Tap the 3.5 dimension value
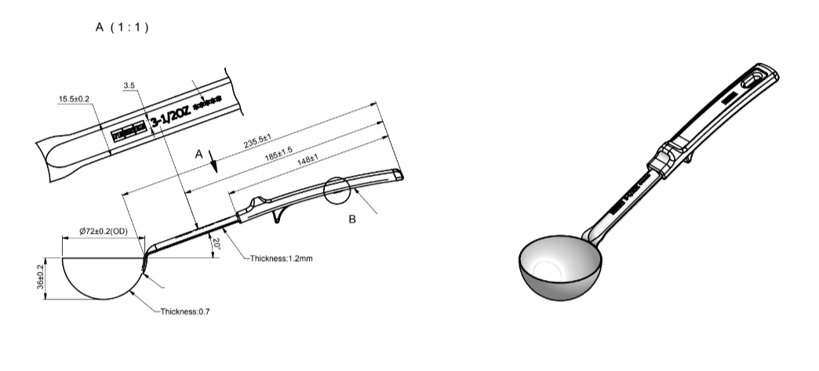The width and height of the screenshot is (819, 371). (129, 85)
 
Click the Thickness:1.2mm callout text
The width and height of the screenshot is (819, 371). (281, 258)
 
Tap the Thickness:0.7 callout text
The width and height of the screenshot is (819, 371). (185, 312)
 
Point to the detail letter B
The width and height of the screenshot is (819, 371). (352, 220)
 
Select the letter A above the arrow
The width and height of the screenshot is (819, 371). (200, 155)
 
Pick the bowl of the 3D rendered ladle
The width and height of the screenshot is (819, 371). (559, 270)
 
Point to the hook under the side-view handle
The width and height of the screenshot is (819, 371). (278, 216)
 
